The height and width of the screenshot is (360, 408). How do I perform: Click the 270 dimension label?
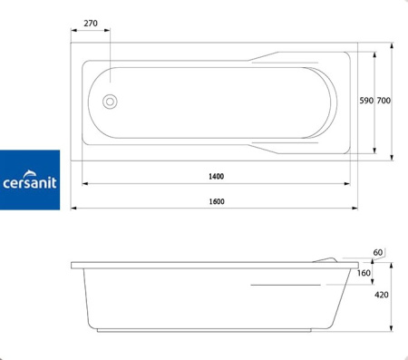pyautogui.click(x=91, y=24)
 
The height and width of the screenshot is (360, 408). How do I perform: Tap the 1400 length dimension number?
pyautogui.click(x=217, y=176)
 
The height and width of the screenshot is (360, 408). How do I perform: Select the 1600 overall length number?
pyautogui.click(x=217, y=201)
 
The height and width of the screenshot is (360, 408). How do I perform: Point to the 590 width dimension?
pyautogui.click(x=366, y=101)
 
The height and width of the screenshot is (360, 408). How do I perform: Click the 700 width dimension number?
pyautogui.click(x=384, y=101)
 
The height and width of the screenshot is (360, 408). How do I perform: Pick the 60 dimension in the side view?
pyautogui.click(x=378, y=252)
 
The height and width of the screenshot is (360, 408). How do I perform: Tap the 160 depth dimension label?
pyautogui.click(x=364, y=273)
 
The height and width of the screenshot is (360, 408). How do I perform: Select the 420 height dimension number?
pyautogui.click(x=382, y=295)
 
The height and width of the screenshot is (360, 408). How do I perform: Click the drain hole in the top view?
pyautogui.click(x=110, y=102)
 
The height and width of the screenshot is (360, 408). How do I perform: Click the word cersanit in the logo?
pyautogui.click(x=30, y=183)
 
